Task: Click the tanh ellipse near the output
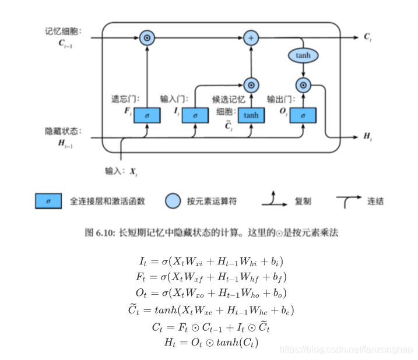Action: [303, 55]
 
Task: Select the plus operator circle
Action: [251, 38]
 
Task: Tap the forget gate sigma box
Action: [147, 115]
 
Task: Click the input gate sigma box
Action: [195, 115]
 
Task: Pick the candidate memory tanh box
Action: [251, 115]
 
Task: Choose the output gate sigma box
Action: [303, 115]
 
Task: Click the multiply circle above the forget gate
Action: [147, 38]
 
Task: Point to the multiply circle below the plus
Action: [251, 85]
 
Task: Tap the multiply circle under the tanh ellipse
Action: [303, 85]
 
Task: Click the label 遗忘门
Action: [125, 99]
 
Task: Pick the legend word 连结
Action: [375, 202]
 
